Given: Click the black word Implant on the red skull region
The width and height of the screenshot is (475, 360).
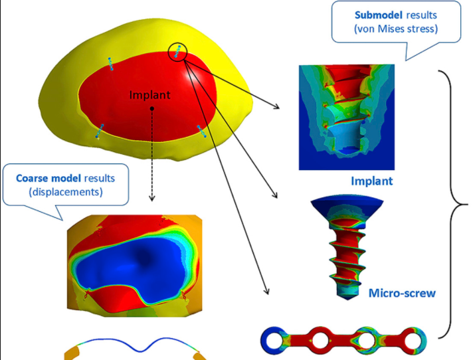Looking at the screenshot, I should [x=149, y=95].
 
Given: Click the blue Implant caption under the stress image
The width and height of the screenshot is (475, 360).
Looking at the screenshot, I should [x=371, y=181].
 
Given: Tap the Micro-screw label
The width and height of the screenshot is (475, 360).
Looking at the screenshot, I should [x=401, y=292].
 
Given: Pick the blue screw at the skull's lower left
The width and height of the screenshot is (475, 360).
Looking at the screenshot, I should [x=100, y=130].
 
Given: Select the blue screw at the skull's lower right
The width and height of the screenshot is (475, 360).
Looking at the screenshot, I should [x=202, y=131].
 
